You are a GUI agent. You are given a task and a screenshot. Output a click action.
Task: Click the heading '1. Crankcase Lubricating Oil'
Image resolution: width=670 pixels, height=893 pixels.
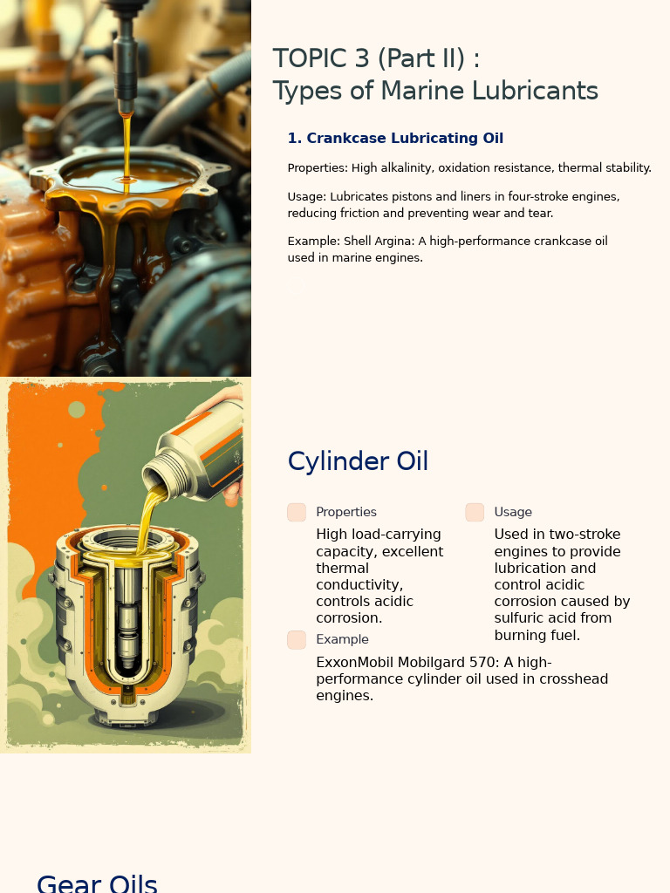(x=395, y=139)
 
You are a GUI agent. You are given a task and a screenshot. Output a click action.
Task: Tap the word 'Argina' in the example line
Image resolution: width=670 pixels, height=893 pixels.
(x=393, y=241)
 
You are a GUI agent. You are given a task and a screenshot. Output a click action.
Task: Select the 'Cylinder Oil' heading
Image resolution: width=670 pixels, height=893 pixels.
(x=358, y=461)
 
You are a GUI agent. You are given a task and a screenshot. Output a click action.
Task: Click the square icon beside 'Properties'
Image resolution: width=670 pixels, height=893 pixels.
(x=297, y=513)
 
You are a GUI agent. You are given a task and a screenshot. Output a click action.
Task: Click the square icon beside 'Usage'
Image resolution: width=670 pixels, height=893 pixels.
(x=475, y=513)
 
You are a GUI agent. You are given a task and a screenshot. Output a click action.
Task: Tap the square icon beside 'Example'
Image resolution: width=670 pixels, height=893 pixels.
(x=297, y=640)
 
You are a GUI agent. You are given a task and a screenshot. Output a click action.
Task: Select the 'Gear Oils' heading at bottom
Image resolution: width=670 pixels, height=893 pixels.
(x=97, y=883)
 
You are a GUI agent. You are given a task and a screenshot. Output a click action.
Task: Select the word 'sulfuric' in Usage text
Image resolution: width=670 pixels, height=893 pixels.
(x=521, y=618)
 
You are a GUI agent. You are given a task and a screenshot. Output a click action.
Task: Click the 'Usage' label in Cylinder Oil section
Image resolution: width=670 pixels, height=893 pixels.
(x=513, y=513)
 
